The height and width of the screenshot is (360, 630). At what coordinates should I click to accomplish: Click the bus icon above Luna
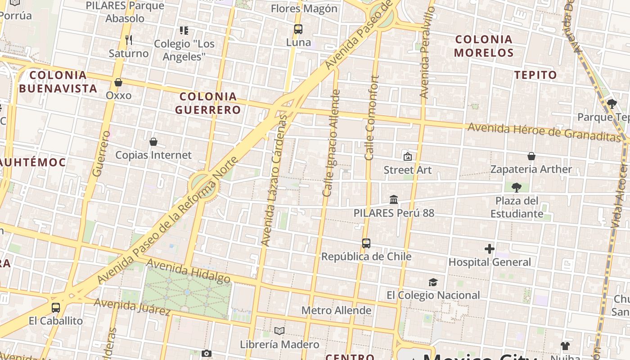point(298,29)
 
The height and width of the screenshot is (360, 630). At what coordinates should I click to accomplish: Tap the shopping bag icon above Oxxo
point(118,82)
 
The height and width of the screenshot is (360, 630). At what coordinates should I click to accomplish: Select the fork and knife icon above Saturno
point(129,40)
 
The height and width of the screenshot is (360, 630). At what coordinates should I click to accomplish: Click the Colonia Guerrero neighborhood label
point(208,103)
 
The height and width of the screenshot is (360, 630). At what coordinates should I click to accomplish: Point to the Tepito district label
point(535,75)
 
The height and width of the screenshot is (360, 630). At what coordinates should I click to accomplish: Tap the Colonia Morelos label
point(484,46)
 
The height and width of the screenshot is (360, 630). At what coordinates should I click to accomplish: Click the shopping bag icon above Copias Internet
point(153,142)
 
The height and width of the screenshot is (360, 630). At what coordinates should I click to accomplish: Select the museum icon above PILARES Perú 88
point(394,199)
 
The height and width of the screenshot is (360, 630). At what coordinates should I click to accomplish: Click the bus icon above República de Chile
point(366,243)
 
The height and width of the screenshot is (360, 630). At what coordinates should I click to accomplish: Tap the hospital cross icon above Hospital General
point(490,248)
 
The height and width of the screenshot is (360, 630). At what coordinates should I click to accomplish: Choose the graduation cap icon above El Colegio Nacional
point(433,282)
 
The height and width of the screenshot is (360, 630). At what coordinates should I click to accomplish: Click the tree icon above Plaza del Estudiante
point(517,187)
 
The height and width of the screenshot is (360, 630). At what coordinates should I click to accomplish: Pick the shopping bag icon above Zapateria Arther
point(531,156)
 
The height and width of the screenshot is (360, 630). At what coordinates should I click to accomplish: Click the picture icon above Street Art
point(408,157)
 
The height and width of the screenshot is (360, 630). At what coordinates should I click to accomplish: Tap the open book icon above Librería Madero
point(279,331)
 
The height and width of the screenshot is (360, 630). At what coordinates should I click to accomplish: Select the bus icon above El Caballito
point(56,308)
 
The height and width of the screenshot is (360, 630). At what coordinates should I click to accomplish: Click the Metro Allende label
point(336,310)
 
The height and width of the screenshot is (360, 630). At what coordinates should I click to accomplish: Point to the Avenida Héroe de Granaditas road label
point(544,131)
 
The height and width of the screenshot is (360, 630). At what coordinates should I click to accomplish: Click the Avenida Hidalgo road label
point(188,271)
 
